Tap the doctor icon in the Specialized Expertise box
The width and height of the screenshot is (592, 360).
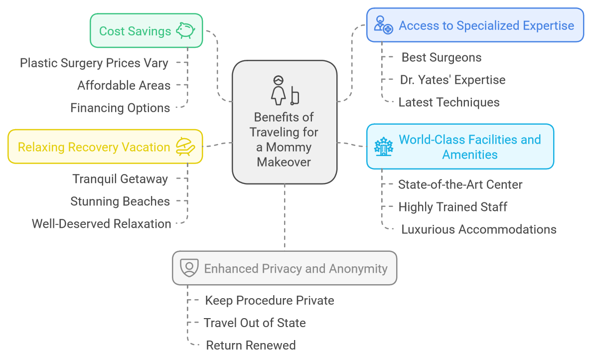(383, 24)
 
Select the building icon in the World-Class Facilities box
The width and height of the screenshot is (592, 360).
(384, 147)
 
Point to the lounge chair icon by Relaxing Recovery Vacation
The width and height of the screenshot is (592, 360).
(185, 147)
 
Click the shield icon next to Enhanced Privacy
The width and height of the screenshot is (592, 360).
(189, 268)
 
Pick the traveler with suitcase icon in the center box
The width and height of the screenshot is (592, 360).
(285, 90)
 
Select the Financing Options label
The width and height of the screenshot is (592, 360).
(120, 108)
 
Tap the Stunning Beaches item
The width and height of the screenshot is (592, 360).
(120, 201)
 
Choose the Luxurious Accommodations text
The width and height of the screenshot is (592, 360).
(478, 229)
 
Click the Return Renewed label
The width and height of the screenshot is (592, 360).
(251, 345)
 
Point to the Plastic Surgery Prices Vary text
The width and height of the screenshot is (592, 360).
(94, 63)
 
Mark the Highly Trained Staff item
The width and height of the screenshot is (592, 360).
(452, 207)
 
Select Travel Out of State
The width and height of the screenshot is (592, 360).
(255, 323)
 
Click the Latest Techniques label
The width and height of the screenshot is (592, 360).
(449, 102)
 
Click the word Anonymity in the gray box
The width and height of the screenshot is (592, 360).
(358, 269)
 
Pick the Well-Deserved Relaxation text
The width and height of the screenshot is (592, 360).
(102, 224)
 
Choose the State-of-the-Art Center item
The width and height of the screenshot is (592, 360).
(460, 184)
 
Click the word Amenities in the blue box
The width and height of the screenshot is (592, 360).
(470, 155)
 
